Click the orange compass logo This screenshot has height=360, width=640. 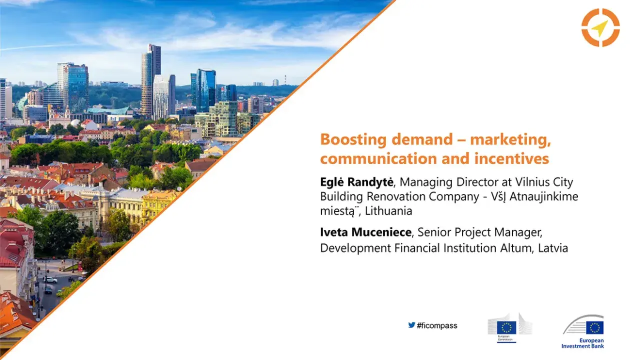pos(600,28)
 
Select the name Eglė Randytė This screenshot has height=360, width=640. pos(356,182)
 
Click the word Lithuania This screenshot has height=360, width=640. pos(388,211)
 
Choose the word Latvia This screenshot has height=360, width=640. pos(553,248)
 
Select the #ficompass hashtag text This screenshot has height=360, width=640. pos(436,326)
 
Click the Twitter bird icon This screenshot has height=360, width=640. pos(411,325)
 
